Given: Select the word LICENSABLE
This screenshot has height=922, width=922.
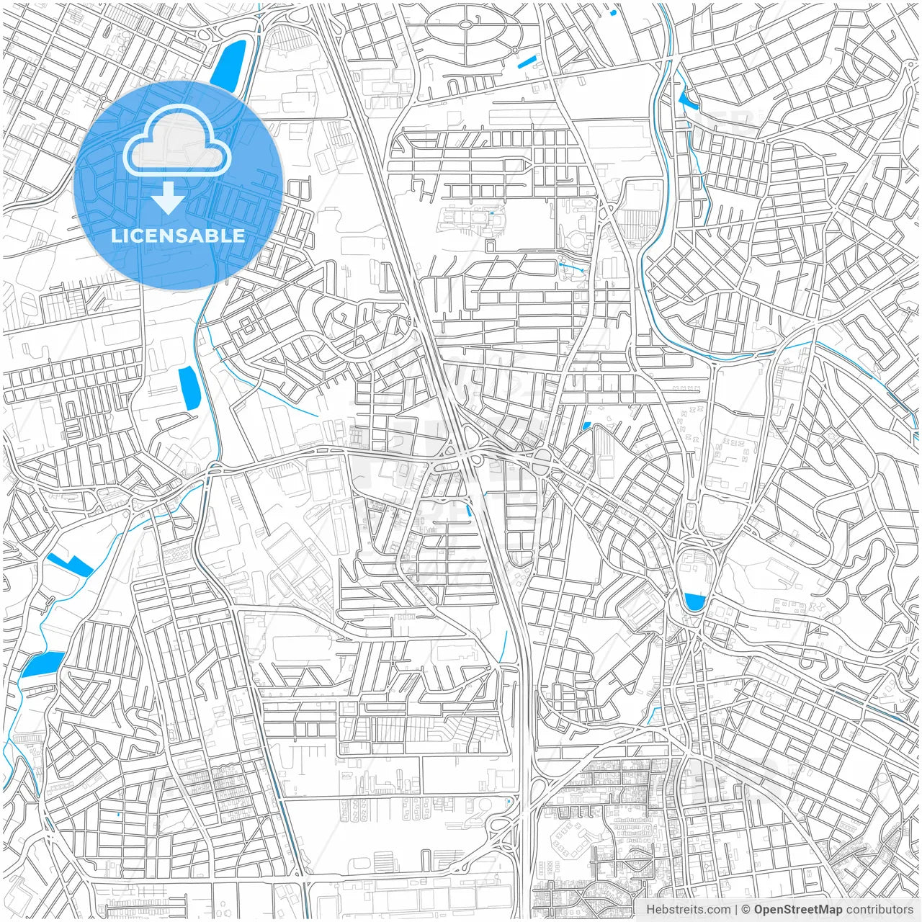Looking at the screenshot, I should pyautogui.click(x=178, y=236).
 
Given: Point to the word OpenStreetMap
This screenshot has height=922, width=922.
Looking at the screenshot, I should pyautogui.click(x=798, y=909).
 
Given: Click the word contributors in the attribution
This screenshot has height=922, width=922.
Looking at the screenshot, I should pyautogui.click(x=879, y=909).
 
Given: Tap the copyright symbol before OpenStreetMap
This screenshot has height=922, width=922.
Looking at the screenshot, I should pyautogui.click(x=746, y=909).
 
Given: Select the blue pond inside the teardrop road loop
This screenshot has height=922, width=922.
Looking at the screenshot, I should pyautogui.click(x=694, y=601).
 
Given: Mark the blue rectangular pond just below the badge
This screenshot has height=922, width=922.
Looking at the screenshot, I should pyautogui.click(x=189, y=388).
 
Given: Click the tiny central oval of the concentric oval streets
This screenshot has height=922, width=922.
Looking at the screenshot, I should pyautogui.click(x=466, y=24).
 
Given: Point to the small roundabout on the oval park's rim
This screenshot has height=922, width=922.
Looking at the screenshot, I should pyautogui.click(x=516, y=50).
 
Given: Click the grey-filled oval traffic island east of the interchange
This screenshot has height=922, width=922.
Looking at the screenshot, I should pyautogui.click(x=541, y=457).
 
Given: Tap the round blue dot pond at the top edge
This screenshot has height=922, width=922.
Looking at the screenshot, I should pyautogui.click(x=613, y=12).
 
